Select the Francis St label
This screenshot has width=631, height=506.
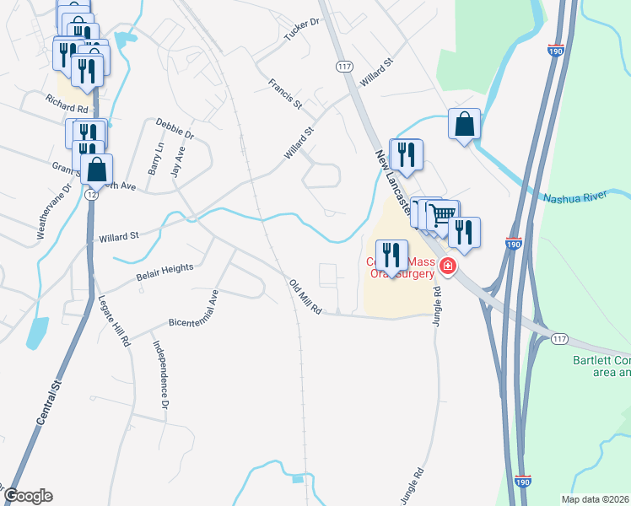(285, 94)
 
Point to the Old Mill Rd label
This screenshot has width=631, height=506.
(305, 298)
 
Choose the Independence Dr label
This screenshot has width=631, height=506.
(160, 374)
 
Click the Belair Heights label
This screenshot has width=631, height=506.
(164, 268)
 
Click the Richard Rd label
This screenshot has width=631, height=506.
(67, 109)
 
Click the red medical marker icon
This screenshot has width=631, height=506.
(447, 267)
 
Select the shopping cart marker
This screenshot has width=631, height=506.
(440, 214)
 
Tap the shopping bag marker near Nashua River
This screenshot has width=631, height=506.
(464, 124)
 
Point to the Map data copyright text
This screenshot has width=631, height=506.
(595, 499)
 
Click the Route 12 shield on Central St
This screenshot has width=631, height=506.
(90, 195)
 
